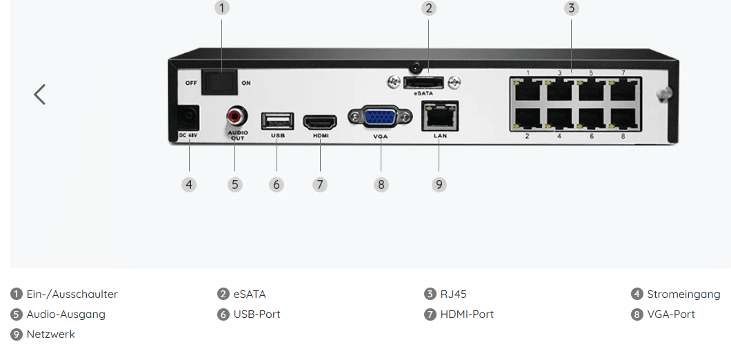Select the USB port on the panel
[x=277, y=121]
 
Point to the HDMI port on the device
[x=321, y=121]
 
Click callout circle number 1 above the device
[x=221, y=8]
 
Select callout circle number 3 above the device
[x=570, y=8]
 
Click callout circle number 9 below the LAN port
[x=439, y=184]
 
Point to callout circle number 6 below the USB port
[x=277, y=184]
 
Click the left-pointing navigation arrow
[x=40, y=94]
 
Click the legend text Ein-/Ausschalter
[x=72, y=294]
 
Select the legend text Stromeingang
[x=683, y=294]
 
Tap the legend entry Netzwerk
[x=50, y=334]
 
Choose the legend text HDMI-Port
[x=467, y=314]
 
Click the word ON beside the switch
[x=246, y=82]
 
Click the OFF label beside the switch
[x=191, y=82]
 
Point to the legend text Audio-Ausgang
[x=66, y=314]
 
